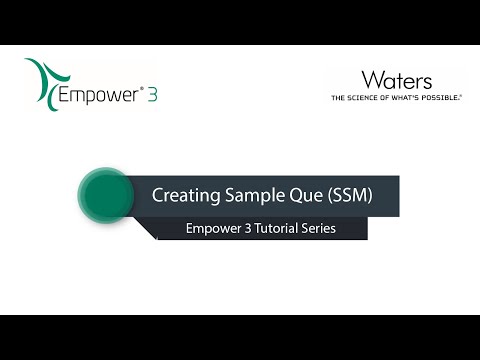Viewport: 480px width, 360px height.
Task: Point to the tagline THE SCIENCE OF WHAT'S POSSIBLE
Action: click(x=397, y=98)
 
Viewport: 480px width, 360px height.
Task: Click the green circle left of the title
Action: click(x=105, y=195)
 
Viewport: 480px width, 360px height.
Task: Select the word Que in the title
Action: click(x=302, y=196)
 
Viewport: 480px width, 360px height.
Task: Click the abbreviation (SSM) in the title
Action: click(x=349, y=196)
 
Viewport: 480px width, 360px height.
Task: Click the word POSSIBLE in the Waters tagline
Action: click(x=444, y=98)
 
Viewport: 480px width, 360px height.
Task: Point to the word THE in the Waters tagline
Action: click(x=339, y=98)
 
